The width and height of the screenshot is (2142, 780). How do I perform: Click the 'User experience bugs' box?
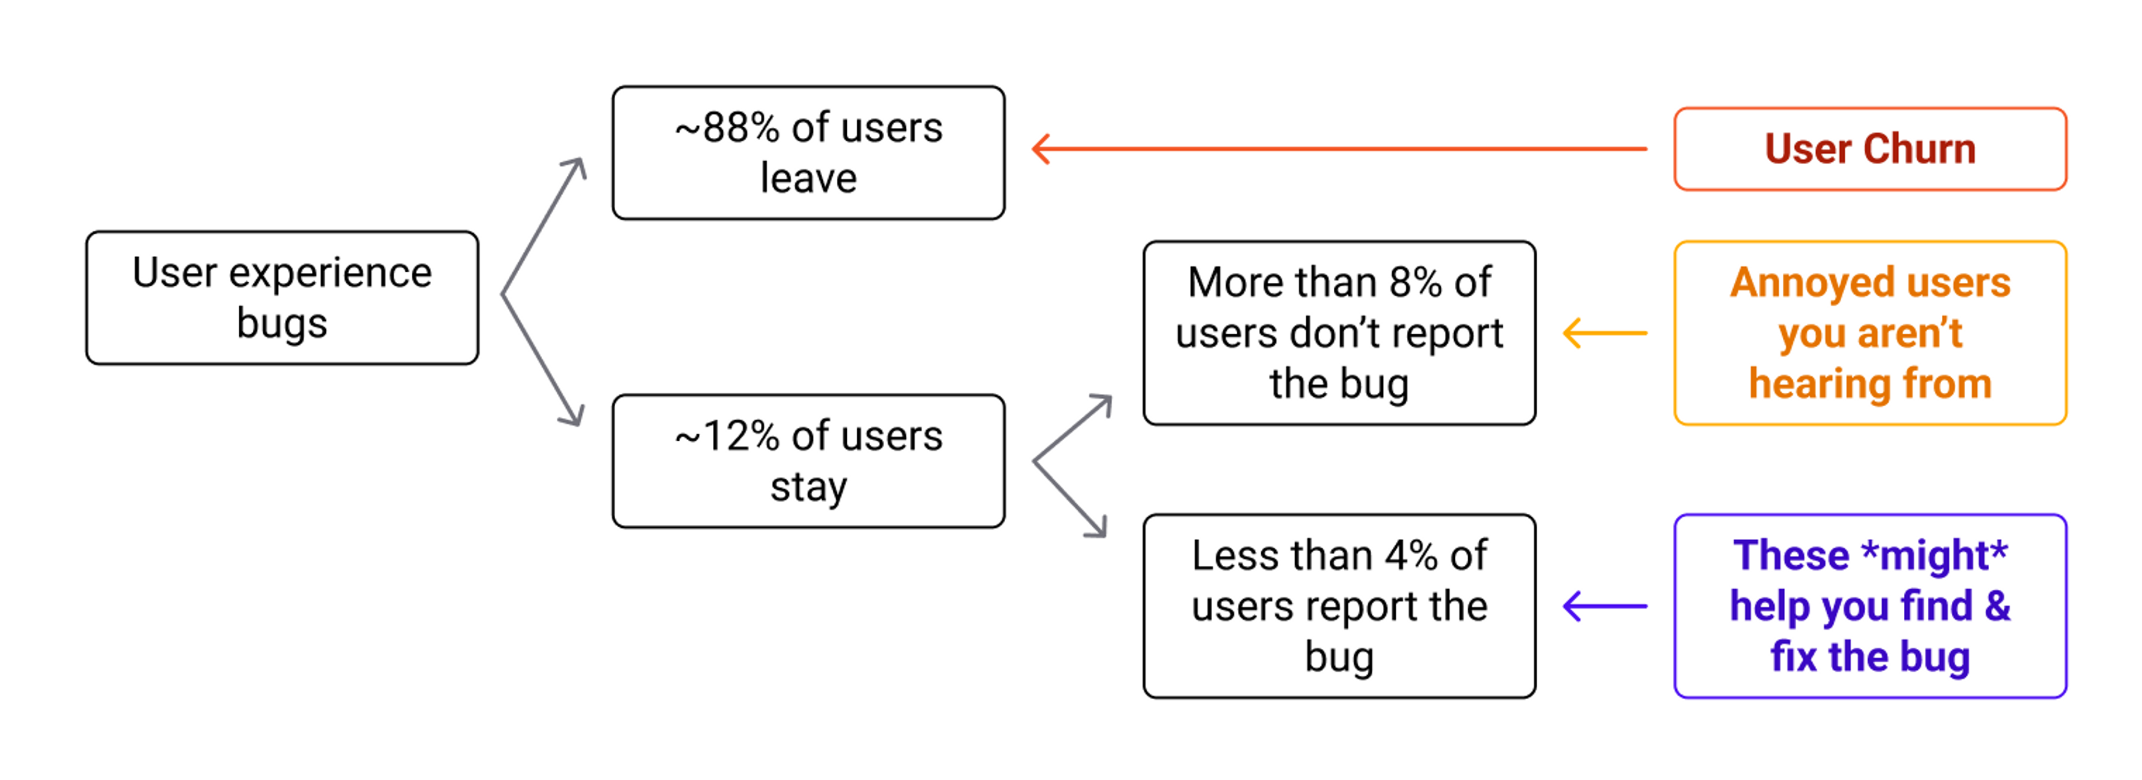[x=282, y=298]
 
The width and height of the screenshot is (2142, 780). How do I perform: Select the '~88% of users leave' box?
[x=808, y=153]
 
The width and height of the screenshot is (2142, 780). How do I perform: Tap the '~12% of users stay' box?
[x=808, y=461]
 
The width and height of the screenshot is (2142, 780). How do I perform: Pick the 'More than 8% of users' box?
[x=1339, y=333]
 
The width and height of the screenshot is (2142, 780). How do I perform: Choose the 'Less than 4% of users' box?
[x=1339, y=605]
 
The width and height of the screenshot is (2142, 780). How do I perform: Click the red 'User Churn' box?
[x=1870, y=149]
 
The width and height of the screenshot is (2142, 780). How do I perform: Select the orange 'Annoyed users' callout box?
[x=1870, y=333]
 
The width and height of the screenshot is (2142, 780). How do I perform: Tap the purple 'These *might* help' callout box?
[x=1870, y=605]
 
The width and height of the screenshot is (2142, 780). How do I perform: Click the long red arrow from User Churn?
[x=1339, y=149]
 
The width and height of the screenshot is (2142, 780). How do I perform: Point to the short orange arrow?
[x=1605, y=333]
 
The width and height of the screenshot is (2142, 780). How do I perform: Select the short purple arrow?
[x=1605, y=605]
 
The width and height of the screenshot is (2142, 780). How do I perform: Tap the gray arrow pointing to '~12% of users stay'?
[x=542, y=359]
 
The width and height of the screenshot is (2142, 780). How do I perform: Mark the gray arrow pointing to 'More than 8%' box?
[x=1073, y=428]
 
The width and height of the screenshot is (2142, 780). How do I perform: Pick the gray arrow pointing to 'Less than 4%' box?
[x=1071, y=499]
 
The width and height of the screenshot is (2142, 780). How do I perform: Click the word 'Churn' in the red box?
[x=1918, y=149]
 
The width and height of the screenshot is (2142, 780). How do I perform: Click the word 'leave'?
[x=808, y=178]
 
